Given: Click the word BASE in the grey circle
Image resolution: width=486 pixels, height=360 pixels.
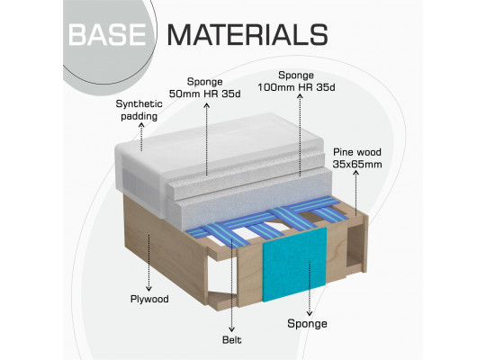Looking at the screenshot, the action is (107, 35).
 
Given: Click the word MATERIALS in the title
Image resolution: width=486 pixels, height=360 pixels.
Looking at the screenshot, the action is (247, 35).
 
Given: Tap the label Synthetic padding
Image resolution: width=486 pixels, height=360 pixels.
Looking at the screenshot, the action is (139, 110).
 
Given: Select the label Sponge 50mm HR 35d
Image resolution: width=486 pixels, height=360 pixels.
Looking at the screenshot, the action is (204, 88).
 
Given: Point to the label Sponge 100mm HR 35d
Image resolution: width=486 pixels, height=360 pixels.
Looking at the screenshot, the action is (296, 81).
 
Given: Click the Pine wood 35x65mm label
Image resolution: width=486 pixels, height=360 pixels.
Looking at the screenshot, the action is (357, 158).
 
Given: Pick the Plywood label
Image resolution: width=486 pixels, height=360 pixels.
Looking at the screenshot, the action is (149, 299).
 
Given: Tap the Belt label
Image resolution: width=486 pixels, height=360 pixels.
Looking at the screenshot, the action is (232, 340).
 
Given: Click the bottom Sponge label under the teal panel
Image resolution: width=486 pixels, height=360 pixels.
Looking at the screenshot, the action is (307, 324).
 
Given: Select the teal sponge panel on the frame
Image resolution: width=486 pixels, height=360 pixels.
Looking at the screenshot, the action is (294, 265).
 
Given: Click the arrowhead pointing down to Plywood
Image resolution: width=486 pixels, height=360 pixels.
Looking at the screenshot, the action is (149, 288).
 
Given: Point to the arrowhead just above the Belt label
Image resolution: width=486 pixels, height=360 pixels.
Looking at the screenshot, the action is (231, 329).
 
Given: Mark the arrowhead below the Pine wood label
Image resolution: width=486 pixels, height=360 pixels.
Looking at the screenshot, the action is (356, 174).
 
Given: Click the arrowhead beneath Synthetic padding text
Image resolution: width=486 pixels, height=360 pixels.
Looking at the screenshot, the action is (141, 125).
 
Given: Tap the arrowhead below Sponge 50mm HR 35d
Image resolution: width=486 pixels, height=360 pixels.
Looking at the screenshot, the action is (207, 105).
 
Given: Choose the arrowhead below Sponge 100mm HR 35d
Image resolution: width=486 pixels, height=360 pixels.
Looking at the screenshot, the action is (300, 96).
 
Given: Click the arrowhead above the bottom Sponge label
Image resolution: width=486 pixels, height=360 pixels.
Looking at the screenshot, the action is (309, 313).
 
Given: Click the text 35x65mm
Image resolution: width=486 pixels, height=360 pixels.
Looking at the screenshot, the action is (357, 164).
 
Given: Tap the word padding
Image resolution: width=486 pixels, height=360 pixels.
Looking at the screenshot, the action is (139, 116).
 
